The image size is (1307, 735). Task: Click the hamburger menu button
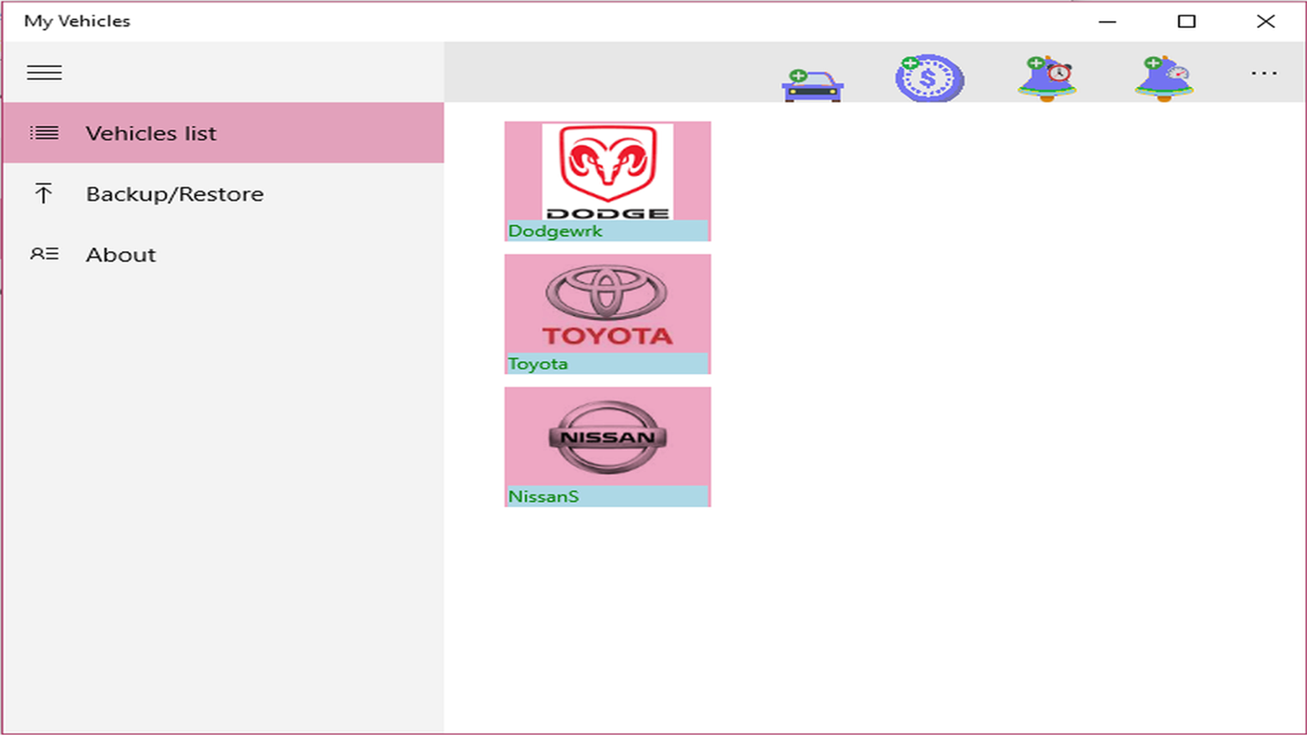(44, 73)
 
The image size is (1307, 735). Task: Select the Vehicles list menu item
(223, 133)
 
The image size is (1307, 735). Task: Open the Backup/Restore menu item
(223, 193)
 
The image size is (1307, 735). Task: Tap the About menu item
(223, 254)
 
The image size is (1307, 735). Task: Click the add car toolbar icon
(812, 85)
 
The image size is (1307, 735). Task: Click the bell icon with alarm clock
(1048, 78)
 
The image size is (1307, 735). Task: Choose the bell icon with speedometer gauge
(1165, 78)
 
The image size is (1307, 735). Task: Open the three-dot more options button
(1263, 73)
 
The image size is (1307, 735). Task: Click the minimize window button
(1107, 22)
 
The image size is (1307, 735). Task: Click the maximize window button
(1186, 22)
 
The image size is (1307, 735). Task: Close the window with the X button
(1265, 22)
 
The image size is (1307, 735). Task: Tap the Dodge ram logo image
(607, 171)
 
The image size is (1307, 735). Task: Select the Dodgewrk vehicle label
(555, 231)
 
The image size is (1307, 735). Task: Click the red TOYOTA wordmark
(607, 336)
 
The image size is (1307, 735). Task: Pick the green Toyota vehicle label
(537, 363)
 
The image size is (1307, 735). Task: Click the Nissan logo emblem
(607, 437)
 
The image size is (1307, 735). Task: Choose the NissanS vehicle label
(543, 496)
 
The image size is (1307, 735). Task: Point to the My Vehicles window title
(77, 21)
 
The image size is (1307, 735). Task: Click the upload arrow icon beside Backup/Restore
(44, 193)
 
